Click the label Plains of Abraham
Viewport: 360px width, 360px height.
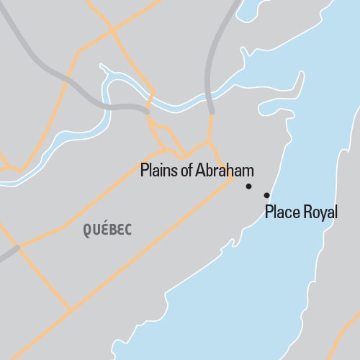click(197, 171)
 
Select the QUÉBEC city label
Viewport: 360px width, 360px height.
click(107, 230)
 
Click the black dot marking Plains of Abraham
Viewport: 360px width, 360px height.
click(248, 186)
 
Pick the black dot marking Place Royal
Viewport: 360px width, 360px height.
click(266, 195)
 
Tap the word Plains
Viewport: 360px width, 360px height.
click(157, 171)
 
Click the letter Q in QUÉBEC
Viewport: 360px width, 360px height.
click(87, 230)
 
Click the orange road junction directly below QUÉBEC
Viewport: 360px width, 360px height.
click(72, 310)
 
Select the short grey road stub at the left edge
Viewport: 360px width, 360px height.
click(9, 252)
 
